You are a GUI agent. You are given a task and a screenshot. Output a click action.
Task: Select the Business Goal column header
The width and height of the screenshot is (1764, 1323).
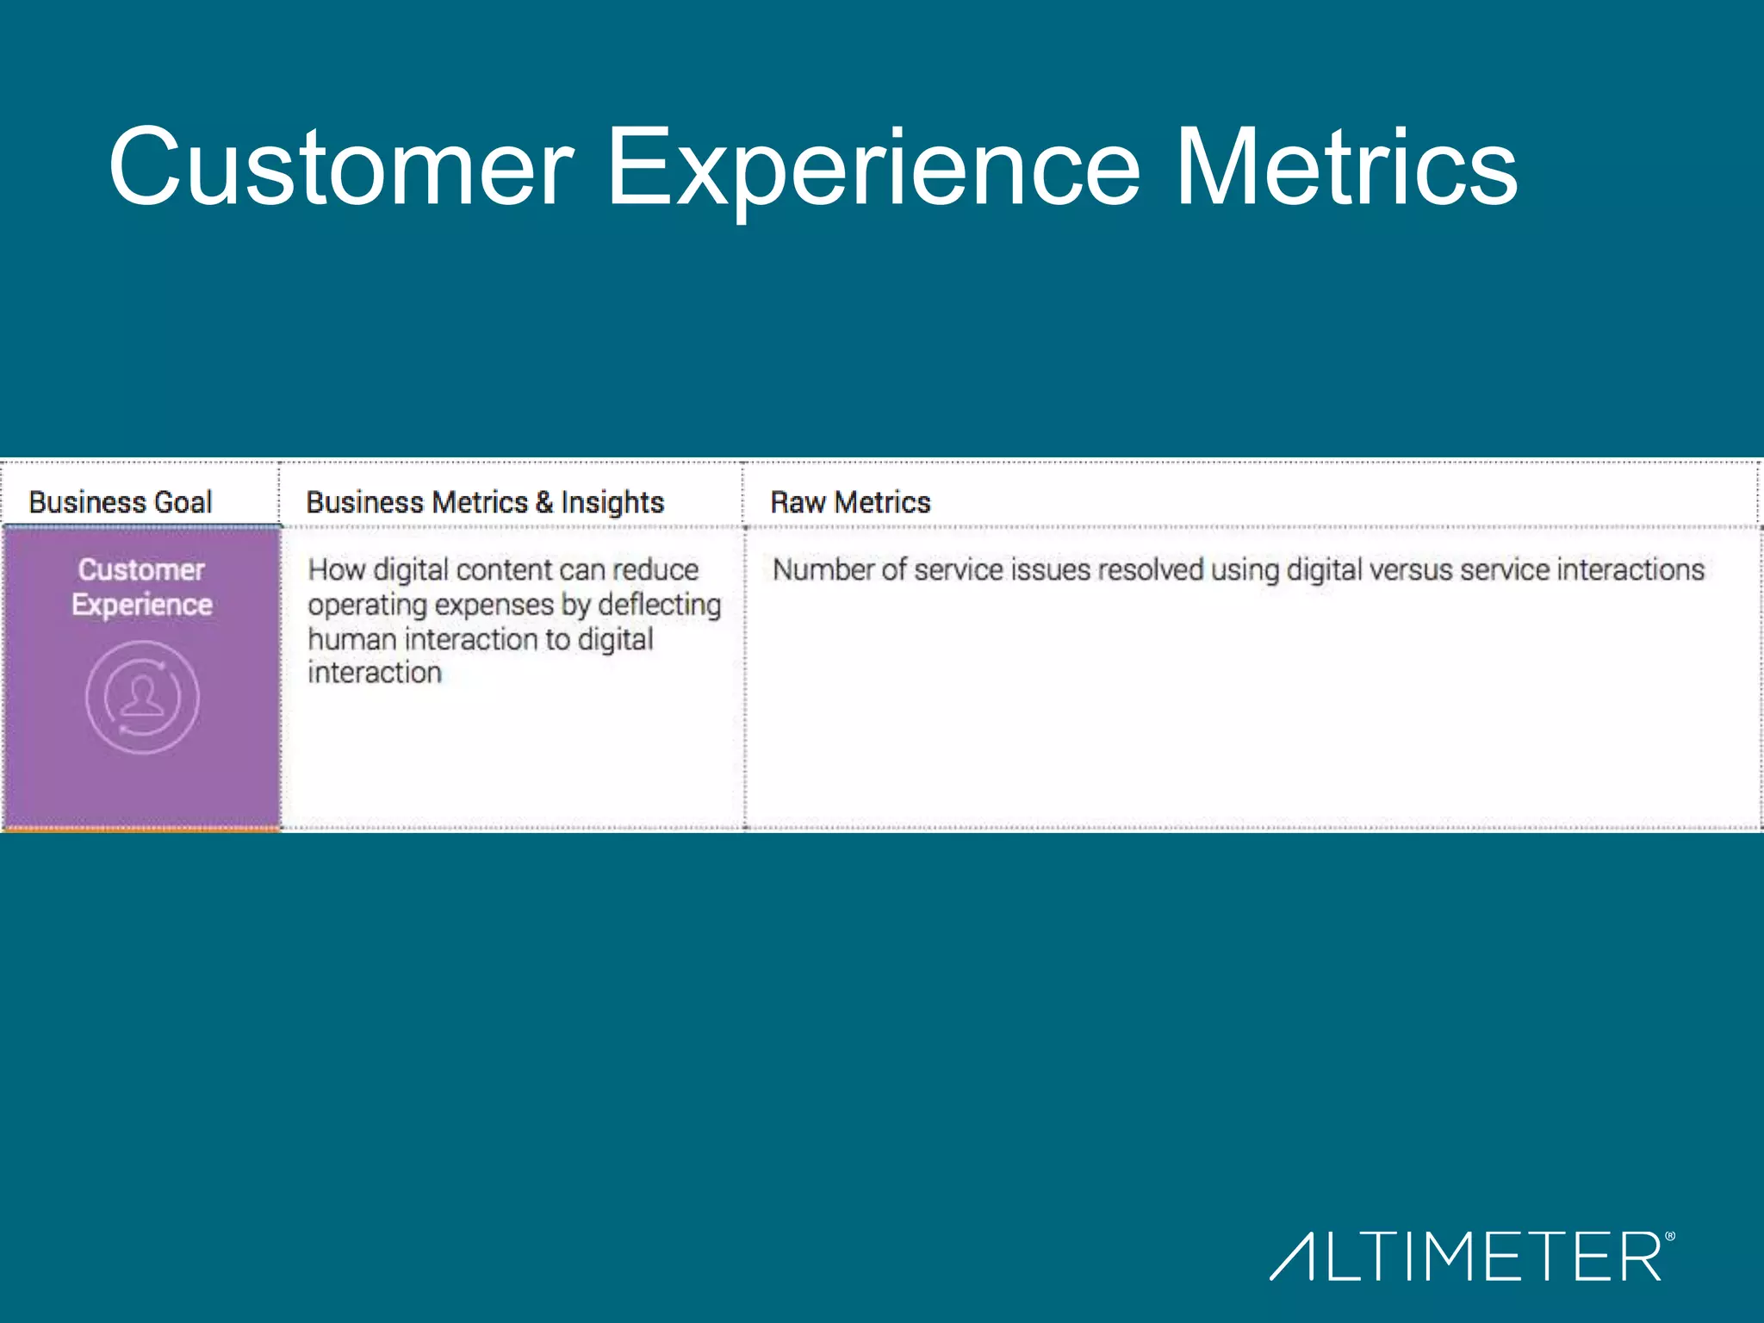[x=121, y=502]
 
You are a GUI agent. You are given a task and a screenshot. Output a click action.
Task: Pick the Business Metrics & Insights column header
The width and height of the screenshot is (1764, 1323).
[x=485, y=502]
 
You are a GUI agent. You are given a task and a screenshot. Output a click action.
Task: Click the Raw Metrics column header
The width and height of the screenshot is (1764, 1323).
[x=850, y=502]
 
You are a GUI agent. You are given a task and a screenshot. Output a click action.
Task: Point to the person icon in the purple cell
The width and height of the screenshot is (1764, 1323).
[x=142, y=697]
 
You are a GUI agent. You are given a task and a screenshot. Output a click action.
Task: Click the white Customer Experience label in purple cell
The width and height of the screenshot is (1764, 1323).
[x=142, y=587]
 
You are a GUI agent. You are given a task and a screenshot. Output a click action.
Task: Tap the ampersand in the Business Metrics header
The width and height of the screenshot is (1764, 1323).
[x=544, y=502]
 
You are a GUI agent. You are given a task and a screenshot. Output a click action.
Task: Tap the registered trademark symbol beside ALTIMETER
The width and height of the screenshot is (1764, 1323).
[x=1670, y=1237]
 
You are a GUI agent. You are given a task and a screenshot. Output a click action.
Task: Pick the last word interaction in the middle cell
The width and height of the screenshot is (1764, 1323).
[x=375, y=673]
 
